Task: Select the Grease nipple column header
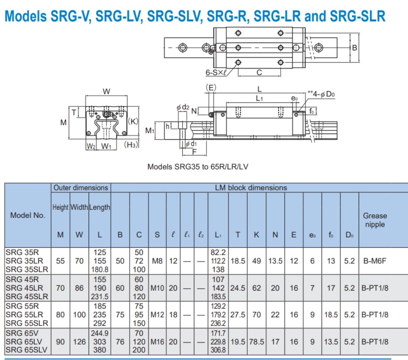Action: [x=375, y=220]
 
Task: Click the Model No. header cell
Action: [x=28, y=215]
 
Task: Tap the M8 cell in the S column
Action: [x=157, y=261]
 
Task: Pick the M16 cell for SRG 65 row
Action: [x=157, y=342]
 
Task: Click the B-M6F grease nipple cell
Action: [x=375, y=261]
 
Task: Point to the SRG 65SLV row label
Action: [x=27, y=350]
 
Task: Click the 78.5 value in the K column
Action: [x=256, y=342]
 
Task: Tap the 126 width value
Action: [x=79, y=342]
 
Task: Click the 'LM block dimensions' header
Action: [x=251, y=188]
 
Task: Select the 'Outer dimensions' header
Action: [x=81, y=188]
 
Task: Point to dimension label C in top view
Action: [x=259, y=73]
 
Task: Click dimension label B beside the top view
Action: [x=355, y=48]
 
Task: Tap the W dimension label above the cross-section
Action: [x=106, y=92]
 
